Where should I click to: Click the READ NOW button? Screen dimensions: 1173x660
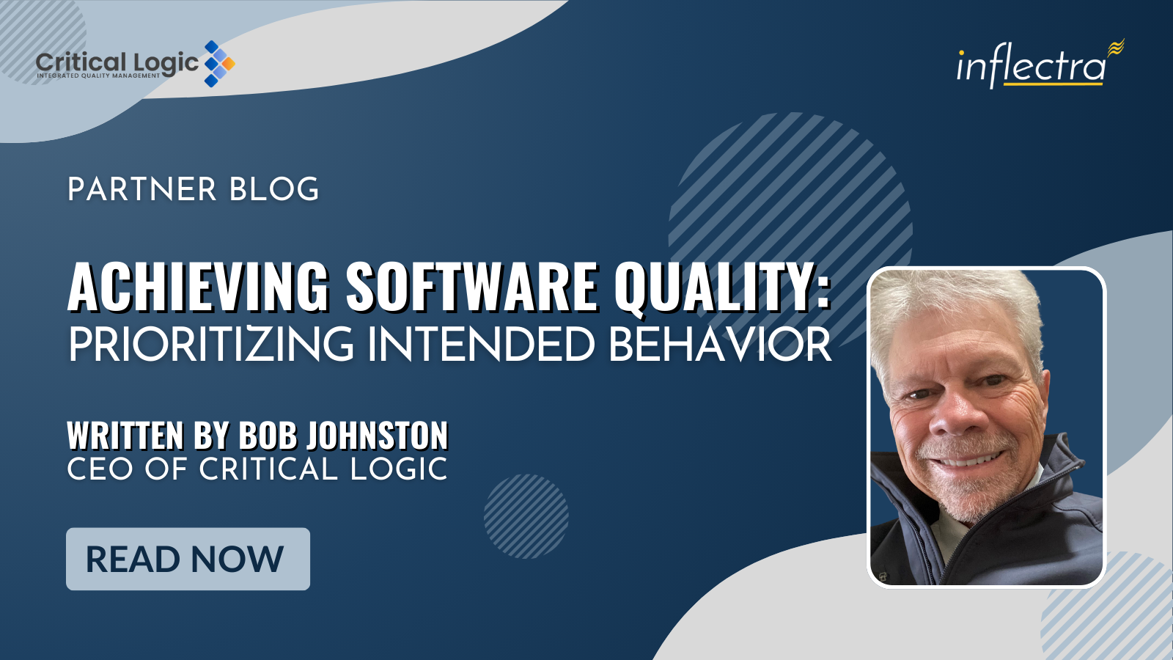point(188,559)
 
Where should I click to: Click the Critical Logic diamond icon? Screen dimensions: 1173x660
point(219,63)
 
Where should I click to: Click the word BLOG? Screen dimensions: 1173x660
point(274,189)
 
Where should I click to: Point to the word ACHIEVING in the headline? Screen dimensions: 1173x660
point(199,287)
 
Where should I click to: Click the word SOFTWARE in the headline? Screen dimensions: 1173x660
point(471,287)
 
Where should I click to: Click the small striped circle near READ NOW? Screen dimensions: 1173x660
point(526,516)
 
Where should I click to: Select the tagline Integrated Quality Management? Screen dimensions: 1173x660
point(98,76)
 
